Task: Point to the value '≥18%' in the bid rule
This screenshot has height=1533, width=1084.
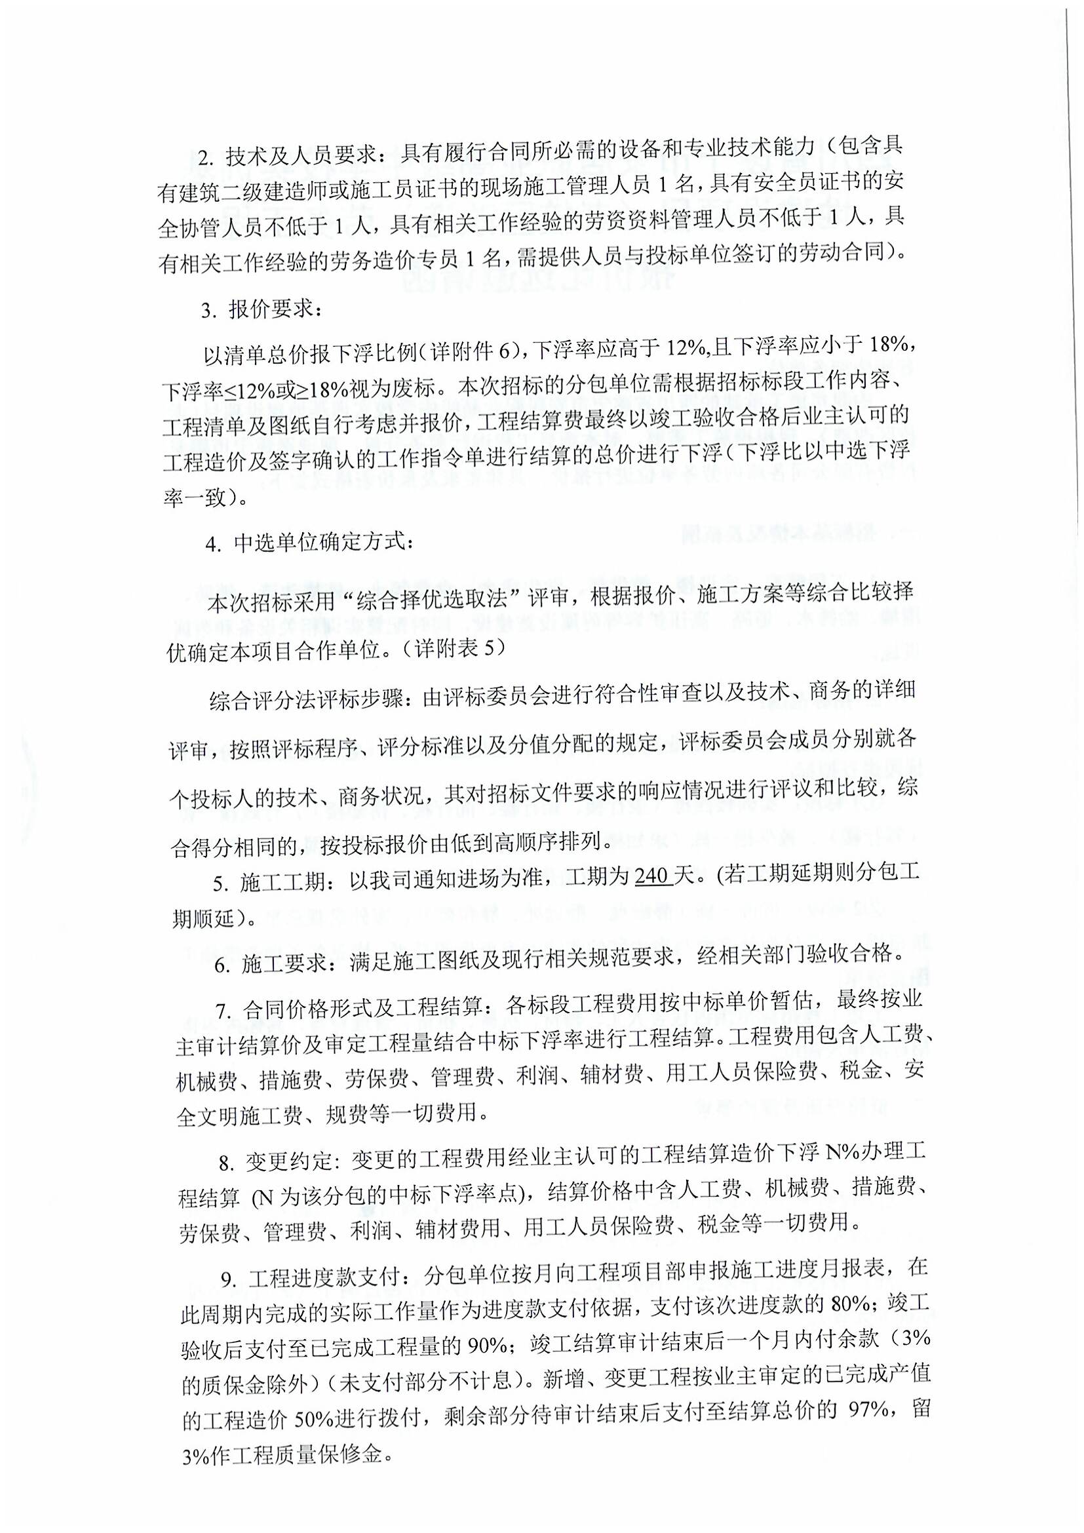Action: tap(318, 387)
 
